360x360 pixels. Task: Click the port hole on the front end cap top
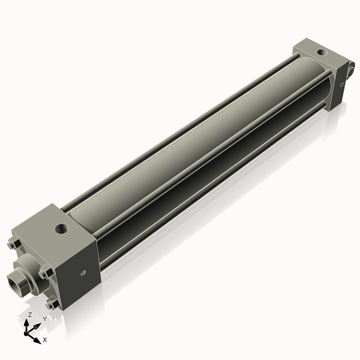click(x=62, y=229)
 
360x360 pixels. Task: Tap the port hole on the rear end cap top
click(x=323, y=53)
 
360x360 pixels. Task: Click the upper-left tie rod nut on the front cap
click(x=14, y=244)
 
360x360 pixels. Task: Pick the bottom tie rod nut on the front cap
click(x=53, y=303)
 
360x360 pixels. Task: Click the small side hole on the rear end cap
click(x=342, y=85)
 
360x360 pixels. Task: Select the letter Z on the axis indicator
click(x=29, y=315)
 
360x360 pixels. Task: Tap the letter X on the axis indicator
click(x=45, y=340)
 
